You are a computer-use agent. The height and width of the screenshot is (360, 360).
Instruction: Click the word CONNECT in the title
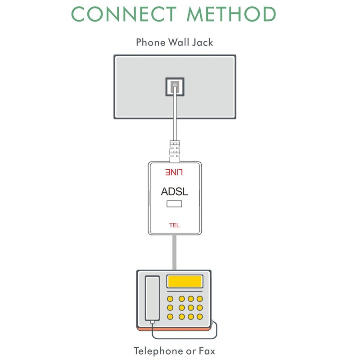[x=124, y=14]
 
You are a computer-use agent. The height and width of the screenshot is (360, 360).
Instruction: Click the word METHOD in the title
[x=231, y=14]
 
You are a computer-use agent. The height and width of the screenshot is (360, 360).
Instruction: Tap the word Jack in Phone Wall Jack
[x=202, y=42]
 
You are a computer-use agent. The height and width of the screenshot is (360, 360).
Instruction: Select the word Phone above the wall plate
[x=151, y=42]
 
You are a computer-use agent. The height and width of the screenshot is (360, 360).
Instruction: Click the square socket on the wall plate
[x=175, y=87]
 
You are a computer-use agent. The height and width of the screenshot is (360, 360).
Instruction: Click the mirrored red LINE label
[x=174, y=172]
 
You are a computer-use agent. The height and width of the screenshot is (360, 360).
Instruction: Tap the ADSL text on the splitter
[x=175, y=192]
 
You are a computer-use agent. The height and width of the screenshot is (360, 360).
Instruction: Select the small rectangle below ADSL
[x=175, y=204]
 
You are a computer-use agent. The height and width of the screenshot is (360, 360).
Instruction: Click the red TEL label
[x=175, y=225]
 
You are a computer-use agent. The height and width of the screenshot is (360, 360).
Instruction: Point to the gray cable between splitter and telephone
[x=175, y=252]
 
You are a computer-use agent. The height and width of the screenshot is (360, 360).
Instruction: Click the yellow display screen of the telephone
[x=185, y=281]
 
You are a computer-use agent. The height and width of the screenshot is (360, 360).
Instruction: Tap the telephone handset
[x=152, y=298]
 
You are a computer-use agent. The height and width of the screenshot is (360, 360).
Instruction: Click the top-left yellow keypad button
[x=170, y=299]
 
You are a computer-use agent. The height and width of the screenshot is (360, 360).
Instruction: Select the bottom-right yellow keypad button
[x=200, y=317]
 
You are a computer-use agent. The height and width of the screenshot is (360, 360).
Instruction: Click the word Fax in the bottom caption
[x=207, y=351]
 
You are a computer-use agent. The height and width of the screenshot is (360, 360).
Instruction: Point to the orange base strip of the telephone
[x=174, y=329]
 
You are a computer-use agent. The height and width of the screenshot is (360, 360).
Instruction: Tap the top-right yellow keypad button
[x=200, y=299]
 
